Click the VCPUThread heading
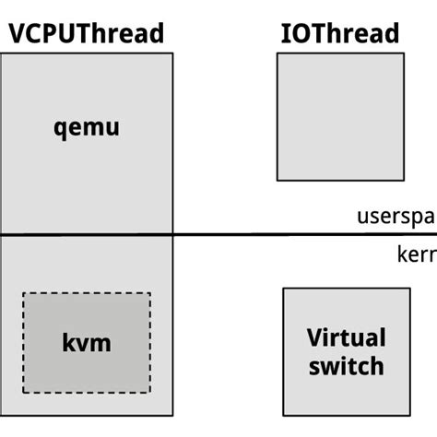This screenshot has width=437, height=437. [x=87, y=34]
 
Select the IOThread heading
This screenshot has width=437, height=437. [x=339, y=34]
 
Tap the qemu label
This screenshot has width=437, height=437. [x=87, y=126]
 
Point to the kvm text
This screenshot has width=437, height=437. [x=87, y=344]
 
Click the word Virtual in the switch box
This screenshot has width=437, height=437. [x=346, y=337]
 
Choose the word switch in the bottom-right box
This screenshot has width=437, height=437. [x=346, y=366]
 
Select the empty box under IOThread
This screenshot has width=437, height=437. [x=339, y=116]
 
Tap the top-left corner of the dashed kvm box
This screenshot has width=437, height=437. [x=23, y=294]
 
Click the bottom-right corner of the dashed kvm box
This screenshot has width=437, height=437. [x=150, y=393]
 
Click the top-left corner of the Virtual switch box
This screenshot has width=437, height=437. [x=283, y=289]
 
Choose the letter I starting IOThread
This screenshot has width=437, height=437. [x=285, y=34]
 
